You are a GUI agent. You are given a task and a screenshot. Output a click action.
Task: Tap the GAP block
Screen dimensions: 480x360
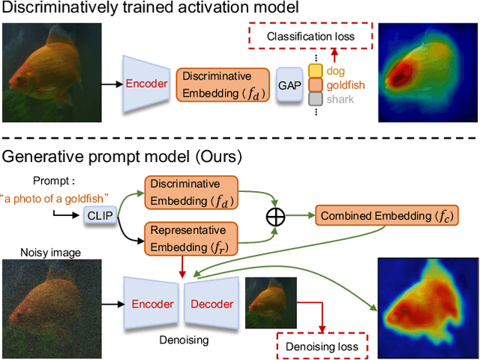(289, 84)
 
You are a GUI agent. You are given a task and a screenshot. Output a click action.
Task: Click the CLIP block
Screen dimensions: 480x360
(96, 215)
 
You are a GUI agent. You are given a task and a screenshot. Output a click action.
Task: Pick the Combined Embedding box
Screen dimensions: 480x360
(379, 216)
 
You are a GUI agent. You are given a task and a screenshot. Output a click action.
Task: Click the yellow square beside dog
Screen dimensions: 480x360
(315, 71)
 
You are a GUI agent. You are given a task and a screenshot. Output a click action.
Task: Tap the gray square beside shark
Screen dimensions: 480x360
(315, 98)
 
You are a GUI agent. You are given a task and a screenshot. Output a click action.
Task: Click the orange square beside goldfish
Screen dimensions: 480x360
(315, 85)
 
